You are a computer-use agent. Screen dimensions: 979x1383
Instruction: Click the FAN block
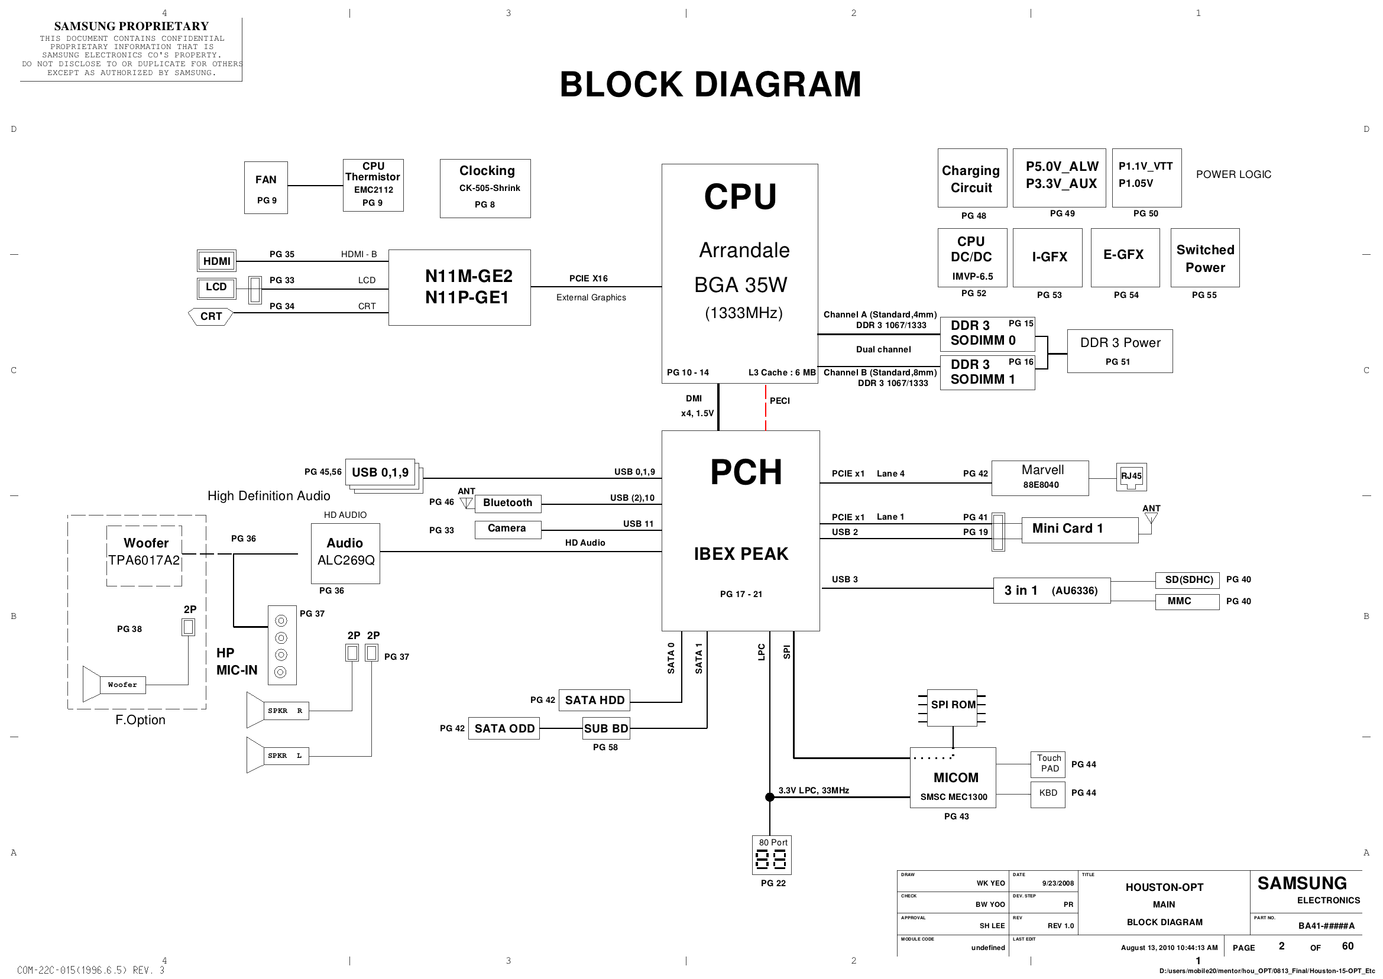pyautogui.click(x=266, y=187)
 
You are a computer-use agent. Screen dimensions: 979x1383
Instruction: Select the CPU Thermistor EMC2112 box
pyautogui.click(x=373, y=185)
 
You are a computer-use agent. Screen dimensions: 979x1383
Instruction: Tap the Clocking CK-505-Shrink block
pyautogui.click(x=485, y=188)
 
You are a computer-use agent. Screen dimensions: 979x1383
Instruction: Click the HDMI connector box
pyautogui.click(x=216, y=261)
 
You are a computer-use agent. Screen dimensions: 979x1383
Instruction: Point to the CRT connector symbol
pyautogui.click(x=211, y=316)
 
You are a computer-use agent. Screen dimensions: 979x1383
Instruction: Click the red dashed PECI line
pyautogui.click(x=766, y=408)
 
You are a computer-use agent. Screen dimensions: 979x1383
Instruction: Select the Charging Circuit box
pyautogui.click(x=972, y=179)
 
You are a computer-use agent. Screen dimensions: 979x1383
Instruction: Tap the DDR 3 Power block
pyautogui.click(x=1119, y=351)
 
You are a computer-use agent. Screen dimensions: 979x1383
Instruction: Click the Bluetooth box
pyautogui.click(x=508, y=503)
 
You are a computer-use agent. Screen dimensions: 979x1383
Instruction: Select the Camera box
pyautogui.click(x=508, y=529)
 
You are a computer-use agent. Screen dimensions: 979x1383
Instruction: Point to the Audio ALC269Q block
pyautogui.click(x=345, y=553)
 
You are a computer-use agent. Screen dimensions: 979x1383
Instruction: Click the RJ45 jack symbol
pyautogui.click(x=1131, y=477)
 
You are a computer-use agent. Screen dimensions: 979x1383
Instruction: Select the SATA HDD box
pyautogui.click(x=594, y=700)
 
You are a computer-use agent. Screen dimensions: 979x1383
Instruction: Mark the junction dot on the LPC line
pyautogui.click(x=770, y=797)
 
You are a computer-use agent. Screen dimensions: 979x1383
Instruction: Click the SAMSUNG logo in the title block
pyautogui.click(x=1301, y=884)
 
